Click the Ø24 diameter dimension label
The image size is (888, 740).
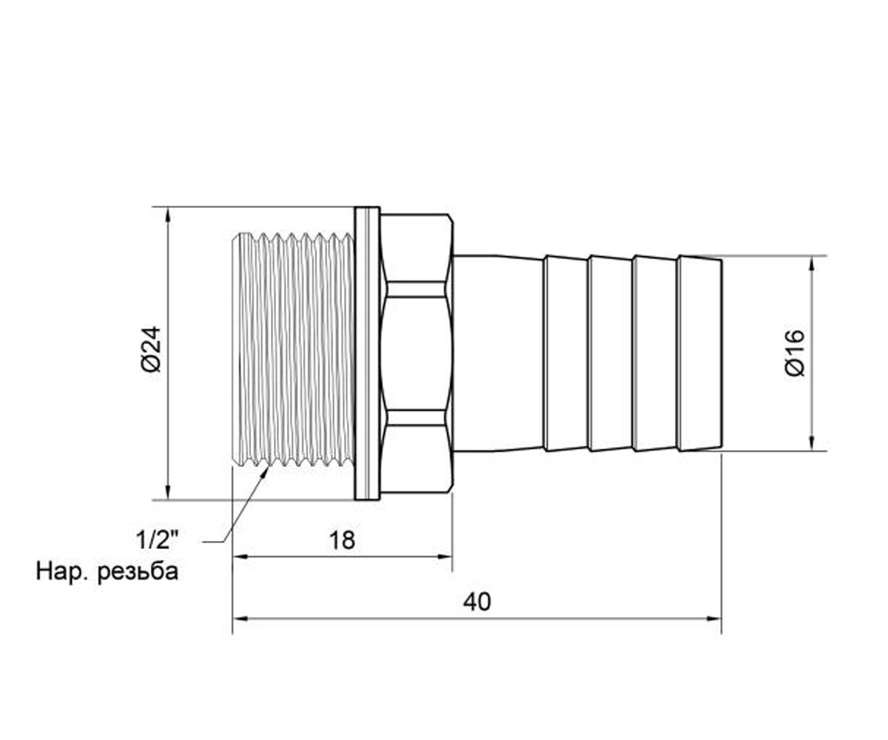(152, 349)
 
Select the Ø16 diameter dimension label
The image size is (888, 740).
(795, 353)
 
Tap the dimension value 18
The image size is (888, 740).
(342, 540)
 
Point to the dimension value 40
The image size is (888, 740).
(477, 602)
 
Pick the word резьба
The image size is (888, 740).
(138, 572)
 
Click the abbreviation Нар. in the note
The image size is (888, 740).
(61, 572)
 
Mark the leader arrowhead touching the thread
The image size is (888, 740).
(264, 471)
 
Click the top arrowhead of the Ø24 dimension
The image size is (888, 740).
(168, 215)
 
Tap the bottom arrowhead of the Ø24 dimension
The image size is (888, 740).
(168, 491)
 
